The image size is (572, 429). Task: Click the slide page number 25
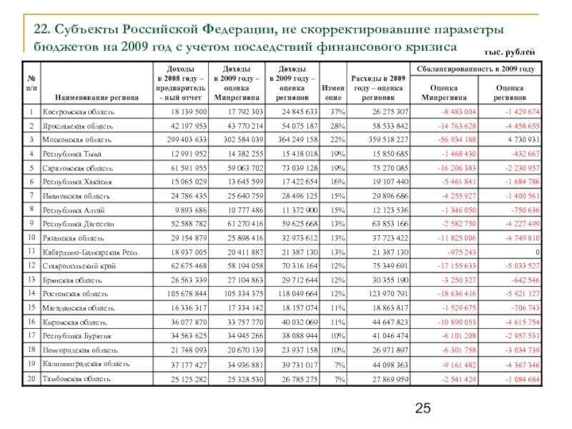click(423, 409)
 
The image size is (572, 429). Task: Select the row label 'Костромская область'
click(77, 112)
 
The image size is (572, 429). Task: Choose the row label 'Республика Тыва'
click(72, 154)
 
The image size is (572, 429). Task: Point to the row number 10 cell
click(31, 237)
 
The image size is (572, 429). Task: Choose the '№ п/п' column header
click(31, 82)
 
